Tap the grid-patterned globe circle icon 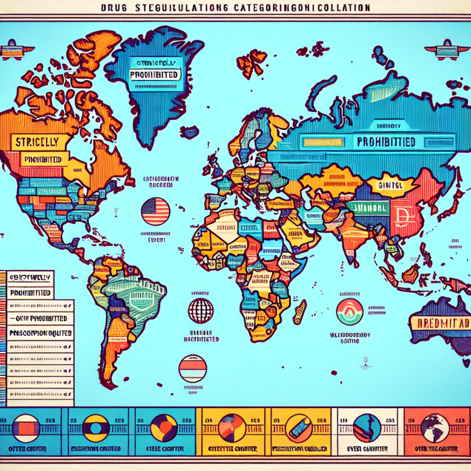coord(200,311)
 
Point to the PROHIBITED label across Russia coord(386,142)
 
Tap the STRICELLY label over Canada coord(37,141)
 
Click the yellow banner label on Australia coord(440,323)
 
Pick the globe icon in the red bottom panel coord(436,428)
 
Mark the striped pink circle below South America coord(192,368)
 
